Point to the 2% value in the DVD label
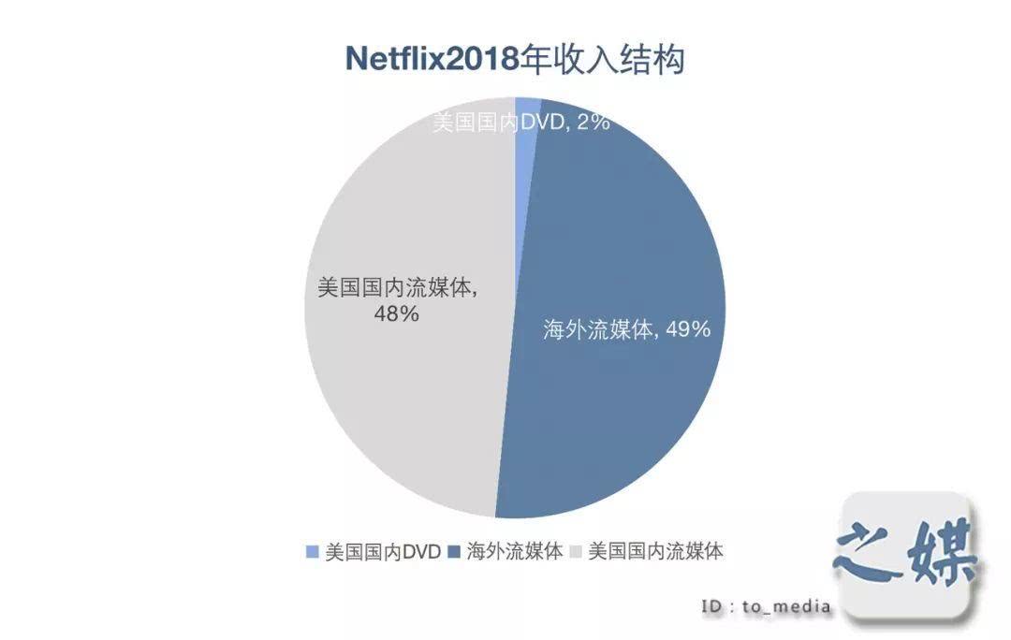pos(593,122)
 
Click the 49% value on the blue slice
pos(687,329)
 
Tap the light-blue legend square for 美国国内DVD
pos(313,551)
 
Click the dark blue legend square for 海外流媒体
pos(455,551)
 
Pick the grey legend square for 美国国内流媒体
pos(576,551)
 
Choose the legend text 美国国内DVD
pos(382,551)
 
